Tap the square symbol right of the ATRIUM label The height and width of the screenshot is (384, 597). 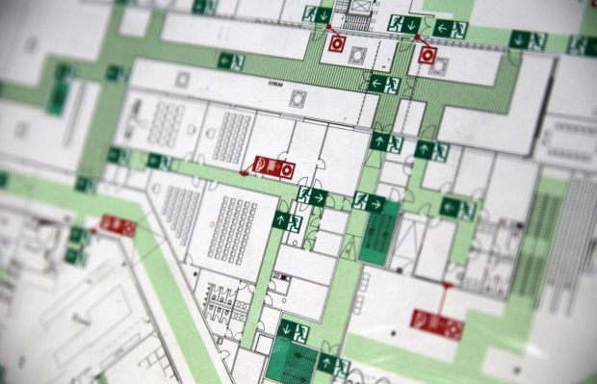click(298, 97)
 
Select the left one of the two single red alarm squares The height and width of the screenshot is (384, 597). click(337, 43)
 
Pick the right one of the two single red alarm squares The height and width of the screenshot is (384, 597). click(428, 55)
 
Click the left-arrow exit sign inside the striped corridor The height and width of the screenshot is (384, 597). click(382, 84)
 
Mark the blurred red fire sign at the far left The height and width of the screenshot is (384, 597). click(117, 225)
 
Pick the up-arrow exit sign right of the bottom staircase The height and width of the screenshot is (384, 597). click(333, 365)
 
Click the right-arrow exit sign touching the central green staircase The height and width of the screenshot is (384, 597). click(368, 203)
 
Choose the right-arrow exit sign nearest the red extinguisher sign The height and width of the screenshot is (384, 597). click(311, 197)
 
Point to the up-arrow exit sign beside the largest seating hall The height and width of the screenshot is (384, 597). click(287, 221)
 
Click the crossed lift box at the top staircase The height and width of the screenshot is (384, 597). click(358, 20)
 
